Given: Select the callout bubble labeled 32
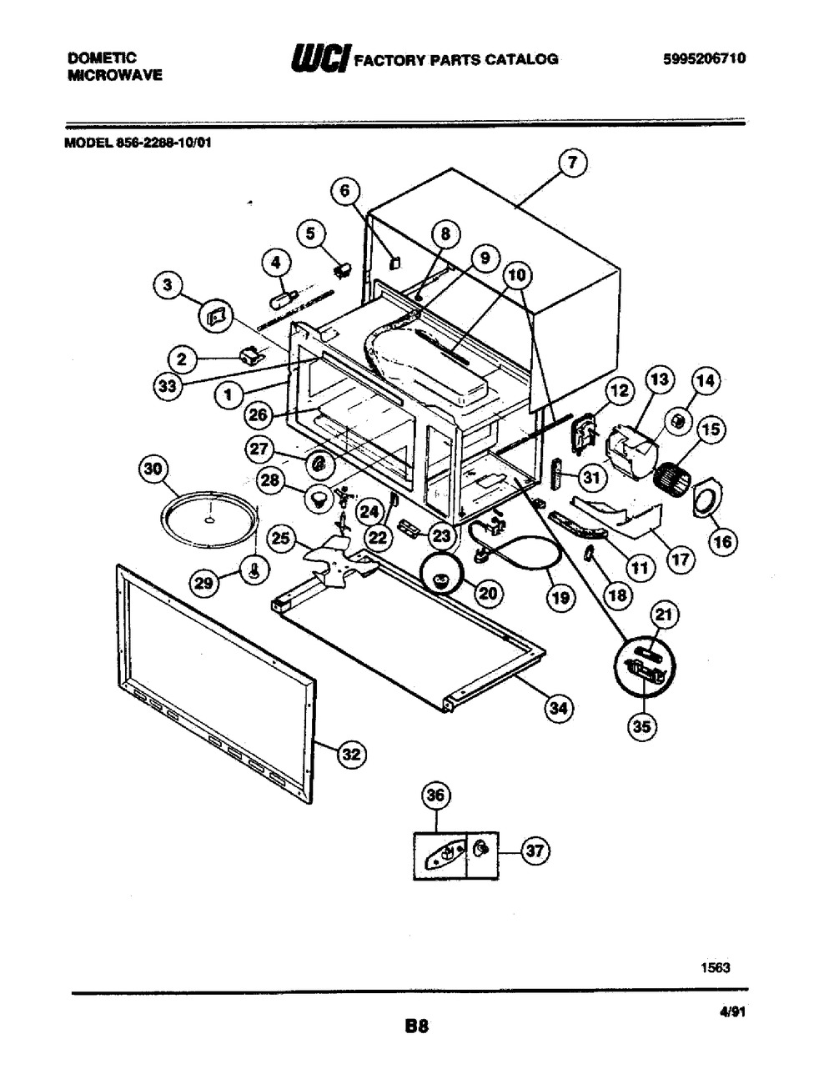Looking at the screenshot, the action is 351,755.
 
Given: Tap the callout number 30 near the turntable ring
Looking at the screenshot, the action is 153,469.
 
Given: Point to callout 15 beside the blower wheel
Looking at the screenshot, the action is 711,429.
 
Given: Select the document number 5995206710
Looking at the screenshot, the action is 705,58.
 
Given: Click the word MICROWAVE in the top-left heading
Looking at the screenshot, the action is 115,75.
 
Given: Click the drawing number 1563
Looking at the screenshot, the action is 716,967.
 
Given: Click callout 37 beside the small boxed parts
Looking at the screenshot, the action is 535,851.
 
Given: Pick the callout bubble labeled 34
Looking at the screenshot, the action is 559,708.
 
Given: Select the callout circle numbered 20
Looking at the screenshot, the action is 489,593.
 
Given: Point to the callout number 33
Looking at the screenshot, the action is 168,385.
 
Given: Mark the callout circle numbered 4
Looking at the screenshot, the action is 277,263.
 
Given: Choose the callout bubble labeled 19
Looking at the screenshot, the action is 560,597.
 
